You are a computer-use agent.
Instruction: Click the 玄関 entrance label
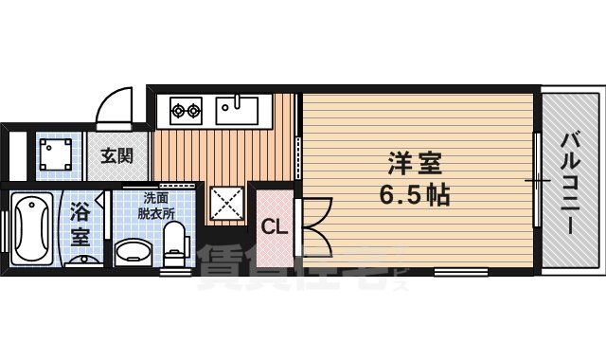116,154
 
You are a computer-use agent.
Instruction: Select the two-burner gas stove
186,111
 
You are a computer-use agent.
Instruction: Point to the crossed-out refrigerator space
226,202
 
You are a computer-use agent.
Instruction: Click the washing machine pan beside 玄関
54,153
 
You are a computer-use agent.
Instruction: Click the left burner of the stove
177,111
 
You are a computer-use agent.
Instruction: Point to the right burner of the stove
194,111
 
